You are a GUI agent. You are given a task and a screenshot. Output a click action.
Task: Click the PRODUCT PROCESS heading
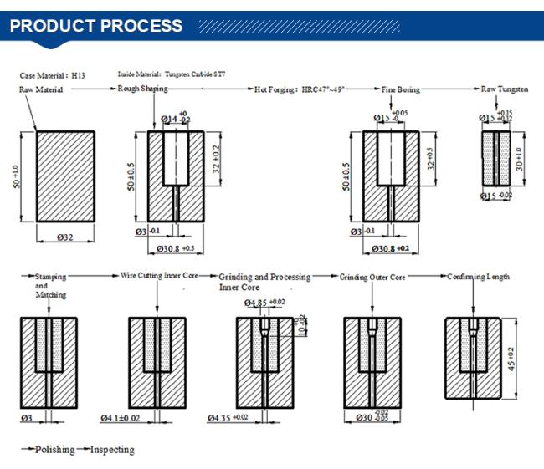tap(95, 26)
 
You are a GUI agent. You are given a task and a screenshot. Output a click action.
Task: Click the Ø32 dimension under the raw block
tap(65, 237)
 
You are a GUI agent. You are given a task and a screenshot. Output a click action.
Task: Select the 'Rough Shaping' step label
tap(142, 89)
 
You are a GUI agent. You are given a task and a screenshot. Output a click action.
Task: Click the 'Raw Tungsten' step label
tap(504, 89)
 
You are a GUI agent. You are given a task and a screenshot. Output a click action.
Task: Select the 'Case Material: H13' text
tap(53, 75)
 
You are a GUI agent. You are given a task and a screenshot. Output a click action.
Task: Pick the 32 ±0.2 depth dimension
tap(217, 159)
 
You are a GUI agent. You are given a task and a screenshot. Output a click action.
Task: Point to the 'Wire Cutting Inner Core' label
tap(167, 275)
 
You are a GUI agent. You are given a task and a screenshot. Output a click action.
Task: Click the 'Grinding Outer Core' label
tap(372, 276)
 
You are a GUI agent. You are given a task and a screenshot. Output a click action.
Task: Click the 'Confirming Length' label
tap(478, 276)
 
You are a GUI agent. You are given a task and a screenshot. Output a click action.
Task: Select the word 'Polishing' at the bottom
tap(54, 451)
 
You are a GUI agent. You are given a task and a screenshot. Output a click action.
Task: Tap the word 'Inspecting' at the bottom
tap(112, 451)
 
